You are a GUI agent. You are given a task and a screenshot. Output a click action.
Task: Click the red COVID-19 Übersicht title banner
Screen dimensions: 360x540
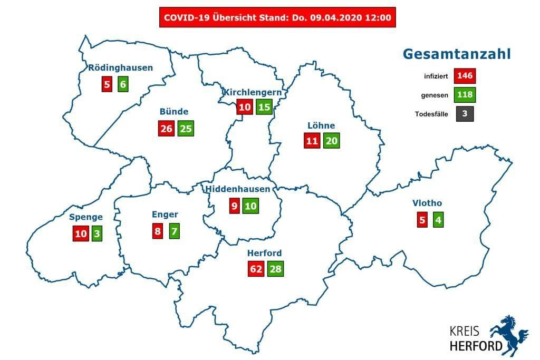[277, 17]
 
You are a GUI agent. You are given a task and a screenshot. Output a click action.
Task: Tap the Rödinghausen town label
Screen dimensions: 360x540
[121, 67]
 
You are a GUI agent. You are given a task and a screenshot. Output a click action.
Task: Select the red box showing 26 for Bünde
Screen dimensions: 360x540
[166, 128]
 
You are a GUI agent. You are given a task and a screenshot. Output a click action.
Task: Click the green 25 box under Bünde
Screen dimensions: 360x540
[186, 128]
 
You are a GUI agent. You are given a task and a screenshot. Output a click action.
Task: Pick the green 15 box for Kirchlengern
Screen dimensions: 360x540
[264, 107]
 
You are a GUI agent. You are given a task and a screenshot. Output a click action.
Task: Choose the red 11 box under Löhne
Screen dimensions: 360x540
[312, 141]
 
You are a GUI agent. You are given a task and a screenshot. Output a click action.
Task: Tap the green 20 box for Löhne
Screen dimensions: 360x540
[332, 141]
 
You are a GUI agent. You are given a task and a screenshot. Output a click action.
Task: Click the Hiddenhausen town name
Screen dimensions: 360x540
[238, 189]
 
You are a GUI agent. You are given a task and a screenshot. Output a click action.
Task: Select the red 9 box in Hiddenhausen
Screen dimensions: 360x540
[234, 206]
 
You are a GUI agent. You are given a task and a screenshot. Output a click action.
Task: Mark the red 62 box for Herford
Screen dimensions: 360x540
[256, 269]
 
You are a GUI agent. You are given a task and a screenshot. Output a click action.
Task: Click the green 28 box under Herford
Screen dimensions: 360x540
[275, 269]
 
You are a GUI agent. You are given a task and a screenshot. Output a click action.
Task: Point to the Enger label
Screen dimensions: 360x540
[165, 215]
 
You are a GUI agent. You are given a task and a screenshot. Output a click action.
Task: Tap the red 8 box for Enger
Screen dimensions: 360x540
[157, 231]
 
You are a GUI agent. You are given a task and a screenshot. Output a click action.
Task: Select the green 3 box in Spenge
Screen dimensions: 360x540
[97, 233]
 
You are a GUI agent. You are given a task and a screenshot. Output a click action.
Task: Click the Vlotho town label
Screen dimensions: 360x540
[427, 203]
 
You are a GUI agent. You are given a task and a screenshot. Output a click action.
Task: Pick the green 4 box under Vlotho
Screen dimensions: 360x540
[438, 219]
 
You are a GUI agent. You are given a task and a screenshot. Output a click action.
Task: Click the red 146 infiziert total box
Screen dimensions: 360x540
[466, 76]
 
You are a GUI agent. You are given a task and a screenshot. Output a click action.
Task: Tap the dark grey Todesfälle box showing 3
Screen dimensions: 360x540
[465, 114]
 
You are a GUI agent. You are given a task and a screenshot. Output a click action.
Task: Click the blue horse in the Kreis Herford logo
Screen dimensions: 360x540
[508, 333]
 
